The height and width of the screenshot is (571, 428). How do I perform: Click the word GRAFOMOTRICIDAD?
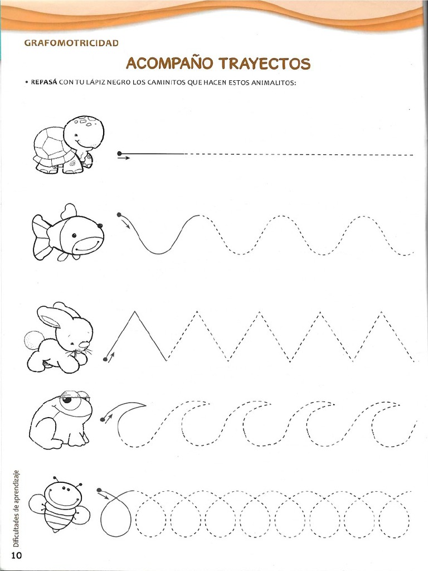point(71,43)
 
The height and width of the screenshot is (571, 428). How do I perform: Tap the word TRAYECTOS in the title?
point(265,64)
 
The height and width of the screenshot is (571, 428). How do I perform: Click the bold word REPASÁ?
point(44,83)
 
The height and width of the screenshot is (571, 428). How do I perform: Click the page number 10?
point(17,555)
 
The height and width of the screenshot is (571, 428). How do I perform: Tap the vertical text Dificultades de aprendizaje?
point(16,509)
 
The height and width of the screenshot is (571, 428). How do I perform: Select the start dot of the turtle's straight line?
point(119,154)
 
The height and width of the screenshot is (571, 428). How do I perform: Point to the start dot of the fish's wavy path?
point(119,215)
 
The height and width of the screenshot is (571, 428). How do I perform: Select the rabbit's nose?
point(84,345)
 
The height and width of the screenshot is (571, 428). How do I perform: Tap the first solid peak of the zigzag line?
point(135,311)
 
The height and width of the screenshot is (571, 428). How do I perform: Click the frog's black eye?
point(67,400)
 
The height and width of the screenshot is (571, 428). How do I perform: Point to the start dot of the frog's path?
point(103,419)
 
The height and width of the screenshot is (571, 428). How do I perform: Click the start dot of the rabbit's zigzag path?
point(105,360)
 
